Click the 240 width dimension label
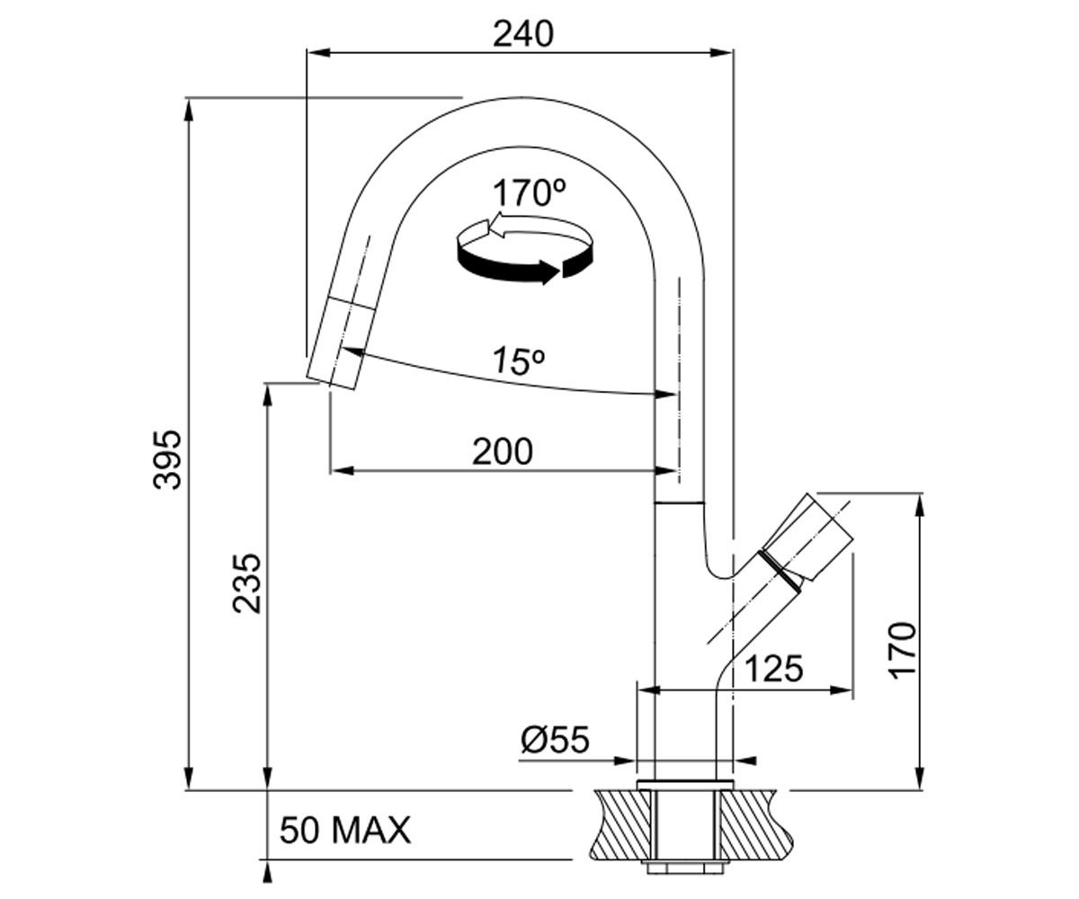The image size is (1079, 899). coord(523,35)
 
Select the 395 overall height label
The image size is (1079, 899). coord(167,458)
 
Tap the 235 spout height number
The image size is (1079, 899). coord(246,583)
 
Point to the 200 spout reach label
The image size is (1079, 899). coord(503,451)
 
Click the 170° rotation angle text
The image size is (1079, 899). coord(530,192)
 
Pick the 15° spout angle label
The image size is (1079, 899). coord(518,360)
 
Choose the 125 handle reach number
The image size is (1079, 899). coord(774,669)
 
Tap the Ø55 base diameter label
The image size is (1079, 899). coord(555,739)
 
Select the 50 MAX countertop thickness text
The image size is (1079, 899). coord(345,831)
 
